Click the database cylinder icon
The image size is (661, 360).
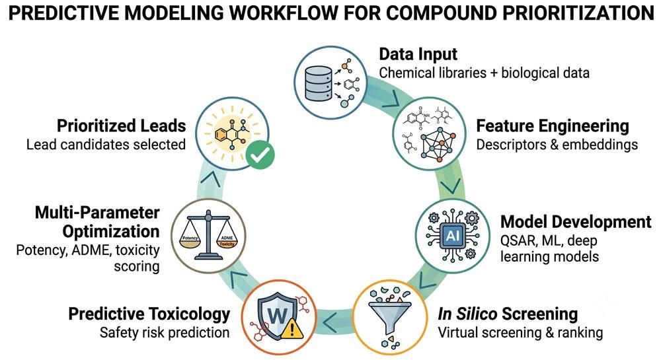tap(318, 83)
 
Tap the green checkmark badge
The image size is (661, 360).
tap(260, 155)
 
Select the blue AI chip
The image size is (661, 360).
tap(452, 235)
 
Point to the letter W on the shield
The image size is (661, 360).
tap(277, 315)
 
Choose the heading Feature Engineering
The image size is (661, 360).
tap(552, 126)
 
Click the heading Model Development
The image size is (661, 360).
tap(576, 221)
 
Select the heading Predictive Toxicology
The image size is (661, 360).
tap(149, 314)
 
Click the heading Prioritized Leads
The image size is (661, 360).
tap(121, 126)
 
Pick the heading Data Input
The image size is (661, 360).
tap(418, 54)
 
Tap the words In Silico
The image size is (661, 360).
tap(467, 314)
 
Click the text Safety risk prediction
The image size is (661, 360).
tap(165, 333)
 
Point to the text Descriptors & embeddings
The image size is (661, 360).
tap(557, 145)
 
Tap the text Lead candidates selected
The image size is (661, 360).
tap(106, 145)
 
